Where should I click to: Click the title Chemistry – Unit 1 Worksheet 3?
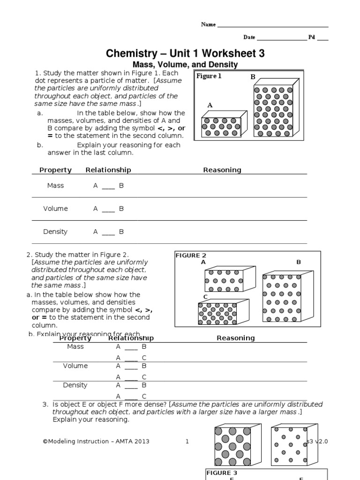185,53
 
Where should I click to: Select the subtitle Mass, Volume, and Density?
185,65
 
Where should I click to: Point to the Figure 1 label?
209,76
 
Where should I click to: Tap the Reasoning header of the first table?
222,170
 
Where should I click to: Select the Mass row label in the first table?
55,186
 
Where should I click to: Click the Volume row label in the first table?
55,209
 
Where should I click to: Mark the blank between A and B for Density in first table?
108,232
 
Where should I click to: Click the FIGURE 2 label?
191,255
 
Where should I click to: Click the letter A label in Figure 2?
203,262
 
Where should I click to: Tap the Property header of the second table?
78,338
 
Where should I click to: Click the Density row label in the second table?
75,385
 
